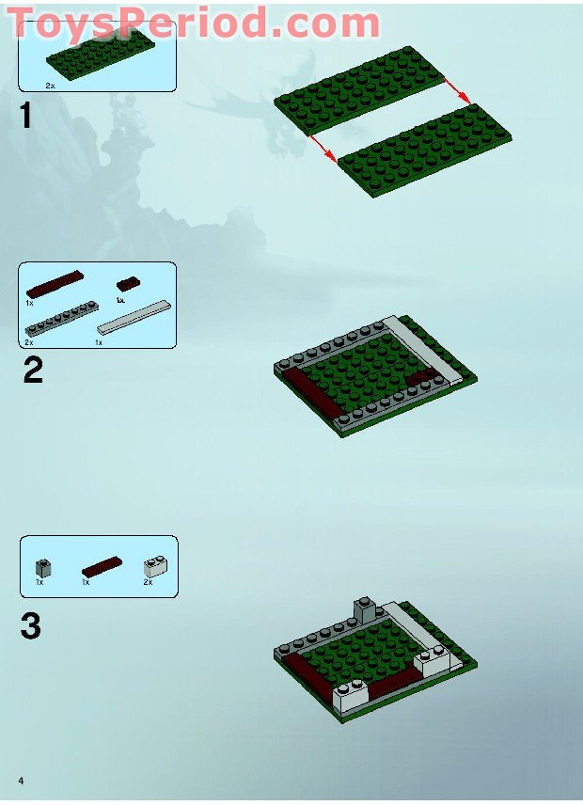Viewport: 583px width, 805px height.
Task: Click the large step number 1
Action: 25,117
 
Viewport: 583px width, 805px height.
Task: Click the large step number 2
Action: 32,370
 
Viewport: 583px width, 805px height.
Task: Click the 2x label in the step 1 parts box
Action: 51,85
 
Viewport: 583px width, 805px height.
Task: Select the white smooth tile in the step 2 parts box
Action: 135,321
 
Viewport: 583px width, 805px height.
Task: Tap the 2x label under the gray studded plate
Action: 30,342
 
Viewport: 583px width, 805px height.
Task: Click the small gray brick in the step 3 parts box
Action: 43,567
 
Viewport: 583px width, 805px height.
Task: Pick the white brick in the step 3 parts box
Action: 153,566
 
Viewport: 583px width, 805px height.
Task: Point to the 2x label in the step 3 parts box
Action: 148,583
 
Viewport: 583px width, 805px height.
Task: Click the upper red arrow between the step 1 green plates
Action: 458,91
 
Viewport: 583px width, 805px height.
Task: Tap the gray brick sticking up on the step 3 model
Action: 364,609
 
